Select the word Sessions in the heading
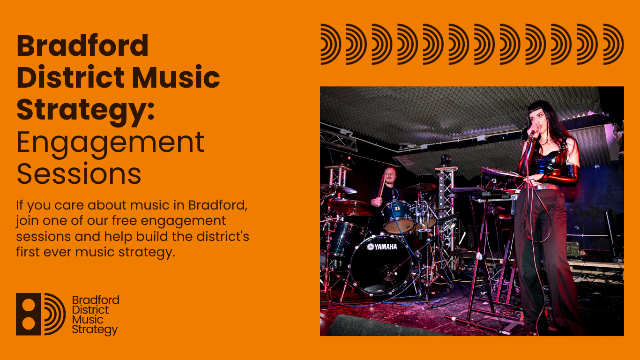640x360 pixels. click(x=79, y=173)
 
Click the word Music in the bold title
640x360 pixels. click(x=176, y=77)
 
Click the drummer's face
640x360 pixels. click(x=390, y=174)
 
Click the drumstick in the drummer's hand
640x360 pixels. click(x=382, y=187)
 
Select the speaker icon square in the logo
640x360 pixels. click(x=29, y=314)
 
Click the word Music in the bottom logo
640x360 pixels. click(x=88, y=319)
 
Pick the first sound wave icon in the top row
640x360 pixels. click(x=331, y=45)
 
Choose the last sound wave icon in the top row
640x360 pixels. click(x=613, y=45)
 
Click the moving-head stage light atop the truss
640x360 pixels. click(x=445, y=160)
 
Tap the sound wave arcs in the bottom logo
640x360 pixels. click(x=55, y=314)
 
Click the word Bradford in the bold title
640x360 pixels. click(x=82, y=46)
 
